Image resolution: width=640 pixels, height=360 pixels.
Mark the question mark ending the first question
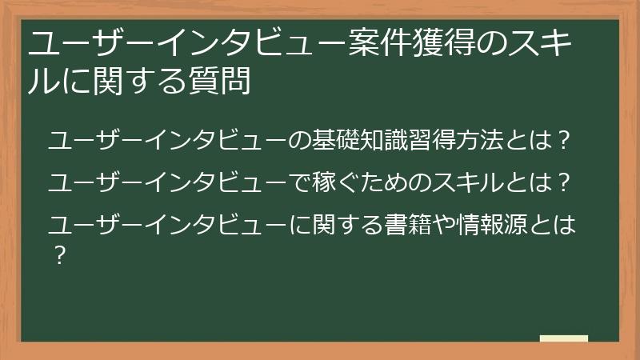pos(563,141)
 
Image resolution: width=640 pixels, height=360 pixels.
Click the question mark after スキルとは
pos(563,182)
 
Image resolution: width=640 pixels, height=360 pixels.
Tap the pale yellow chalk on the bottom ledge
pos(563,338)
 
